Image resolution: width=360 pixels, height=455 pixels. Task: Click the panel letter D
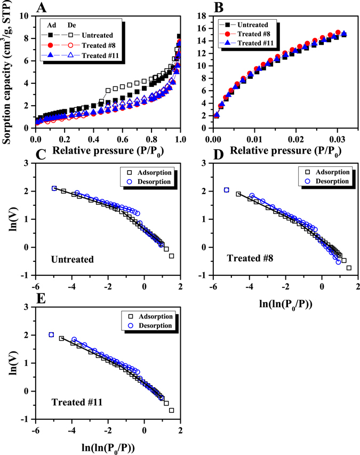pyautogui.click(x=219, y=155)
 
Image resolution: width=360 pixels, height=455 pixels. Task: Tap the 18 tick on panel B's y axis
pyautogui.click(x=204, y=17)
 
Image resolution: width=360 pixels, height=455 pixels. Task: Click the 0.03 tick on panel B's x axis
pyautogui.click(x=337, y=135)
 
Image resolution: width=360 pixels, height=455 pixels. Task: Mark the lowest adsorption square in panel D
pyautogui.click(x=349, y=268)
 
